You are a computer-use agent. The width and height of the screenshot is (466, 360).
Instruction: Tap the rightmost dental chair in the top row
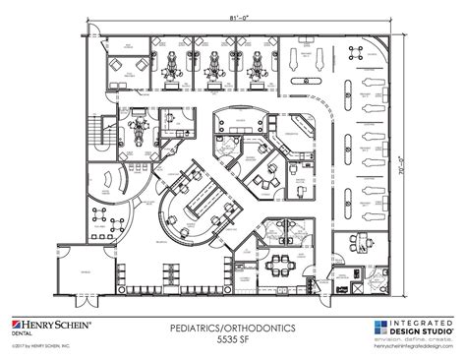258,60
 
